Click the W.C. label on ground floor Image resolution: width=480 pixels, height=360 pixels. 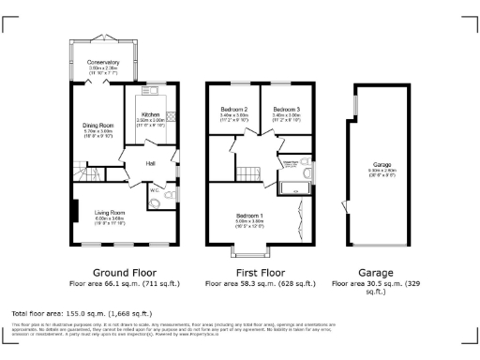click(x=154, y=191)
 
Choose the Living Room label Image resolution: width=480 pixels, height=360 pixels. click(x=110, y=213)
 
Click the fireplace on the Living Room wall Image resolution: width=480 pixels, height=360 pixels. click(x=73, y=211)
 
